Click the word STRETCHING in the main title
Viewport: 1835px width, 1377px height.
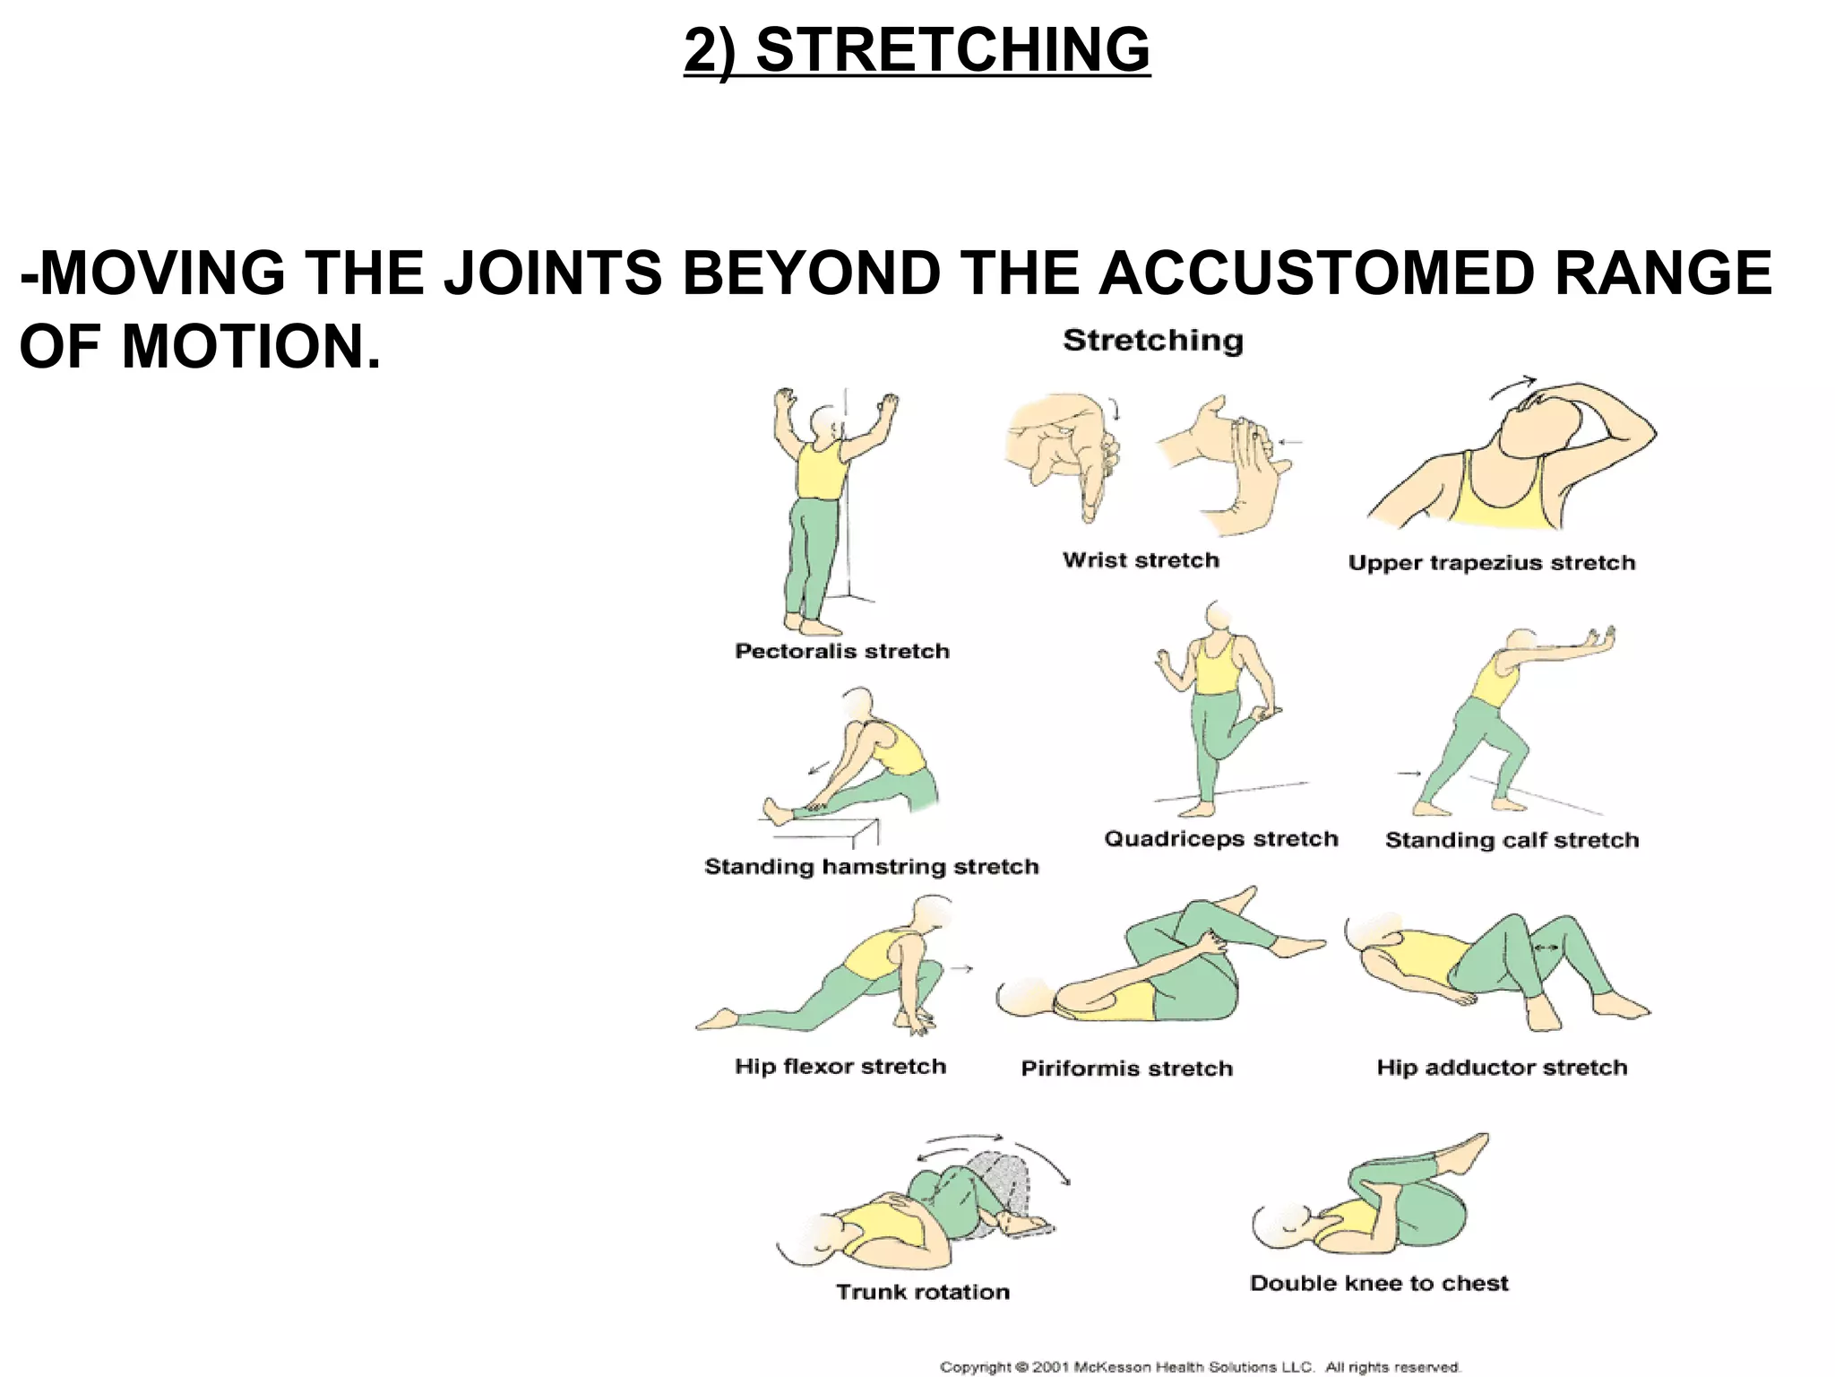(952, 50)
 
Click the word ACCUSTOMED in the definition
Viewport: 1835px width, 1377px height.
(1316, 273)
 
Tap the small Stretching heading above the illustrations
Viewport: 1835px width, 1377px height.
(1153, 341)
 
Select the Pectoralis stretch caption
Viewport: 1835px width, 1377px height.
(841, 651)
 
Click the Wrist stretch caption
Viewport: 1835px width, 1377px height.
(1141, 560)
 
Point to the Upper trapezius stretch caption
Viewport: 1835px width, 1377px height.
(1491, 563)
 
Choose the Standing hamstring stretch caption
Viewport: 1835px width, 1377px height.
(871, 867)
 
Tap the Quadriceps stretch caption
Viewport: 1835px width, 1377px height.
(1220, 839)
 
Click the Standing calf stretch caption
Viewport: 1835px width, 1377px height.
(1512, 840)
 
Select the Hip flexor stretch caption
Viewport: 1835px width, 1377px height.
(840, 1066)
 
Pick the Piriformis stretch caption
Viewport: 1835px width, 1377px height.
(1126, 1069)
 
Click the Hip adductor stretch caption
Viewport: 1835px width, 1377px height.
(1502, 1068)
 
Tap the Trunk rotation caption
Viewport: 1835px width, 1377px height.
(922, 1292)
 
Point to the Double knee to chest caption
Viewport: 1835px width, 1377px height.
(1378, 1283)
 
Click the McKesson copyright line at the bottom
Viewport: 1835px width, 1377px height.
(1200, 1367)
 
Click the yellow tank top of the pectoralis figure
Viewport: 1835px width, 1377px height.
(820, 472)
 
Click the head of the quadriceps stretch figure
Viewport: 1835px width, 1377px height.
(1219, 617)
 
